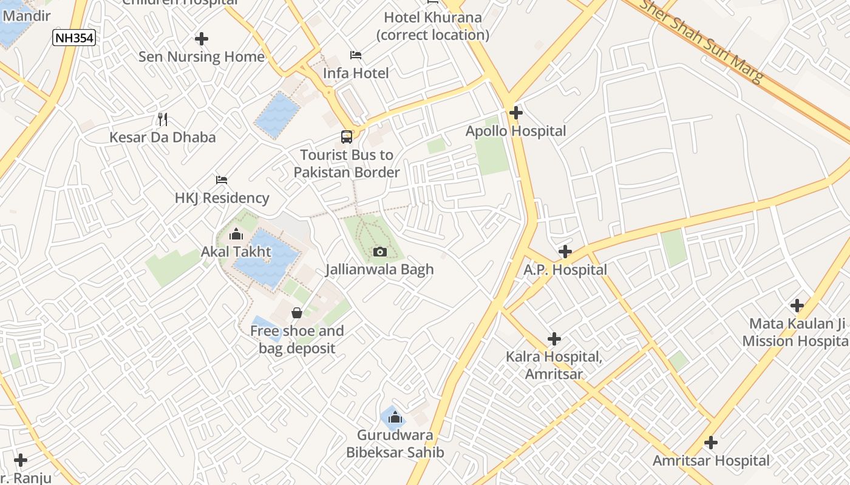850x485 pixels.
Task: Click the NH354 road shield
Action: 74,38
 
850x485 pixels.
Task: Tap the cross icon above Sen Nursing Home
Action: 202,39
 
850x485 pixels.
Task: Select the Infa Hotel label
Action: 356,73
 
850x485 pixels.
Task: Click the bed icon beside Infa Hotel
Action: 356,55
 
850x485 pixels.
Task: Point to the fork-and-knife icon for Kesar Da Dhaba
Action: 162,119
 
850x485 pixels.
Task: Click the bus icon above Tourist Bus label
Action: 347,137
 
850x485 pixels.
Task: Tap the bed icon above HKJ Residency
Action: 222,180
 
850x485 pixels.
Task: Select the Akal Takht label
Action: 236,252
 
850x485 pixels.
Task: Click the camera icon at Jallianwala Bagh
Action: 380,252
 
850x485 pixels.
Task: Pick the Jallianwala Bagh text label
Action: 380,269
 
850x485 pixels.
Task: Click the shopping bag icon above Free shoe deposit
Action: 297,313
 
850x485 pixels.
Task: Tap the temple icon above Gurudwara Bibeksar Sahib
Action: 395,417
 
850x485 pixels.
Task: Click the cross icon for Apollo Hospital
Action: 516,113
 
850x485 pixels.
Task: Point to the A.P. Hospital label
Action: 565,270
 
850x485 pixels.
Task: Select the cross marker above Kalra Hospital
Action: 554,339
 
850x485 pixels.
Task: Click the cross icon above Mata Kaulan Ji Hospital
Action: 797,306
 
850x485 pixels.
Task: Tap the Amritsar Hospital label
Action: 711,461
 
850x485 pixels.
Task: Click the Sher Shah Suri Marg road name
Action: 702,40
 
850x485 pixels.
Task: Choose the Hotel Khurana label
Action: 433,26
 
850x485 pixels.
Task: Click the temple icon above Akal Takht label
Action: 236,234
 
